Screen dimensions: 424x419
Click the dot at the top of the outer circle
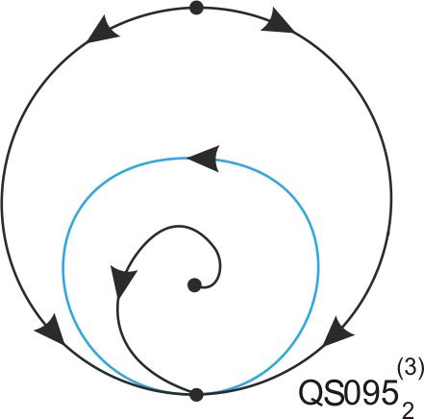(196, 8)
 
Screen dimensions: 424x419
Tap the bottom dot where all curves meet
(196, 394)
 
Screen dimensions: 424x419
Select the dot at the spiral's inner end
(194, 285)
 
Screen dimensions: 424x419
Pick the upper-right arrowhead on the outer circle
(277, 22)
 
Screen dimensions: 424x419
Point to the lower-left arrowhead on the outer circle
(51, 330)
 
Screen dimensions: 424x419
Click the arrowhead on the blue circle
(204, 159)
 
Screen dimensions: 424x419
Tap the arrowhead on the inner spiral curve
(122, 280)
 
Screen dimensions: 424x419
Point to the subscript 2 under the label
(408, 410)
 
